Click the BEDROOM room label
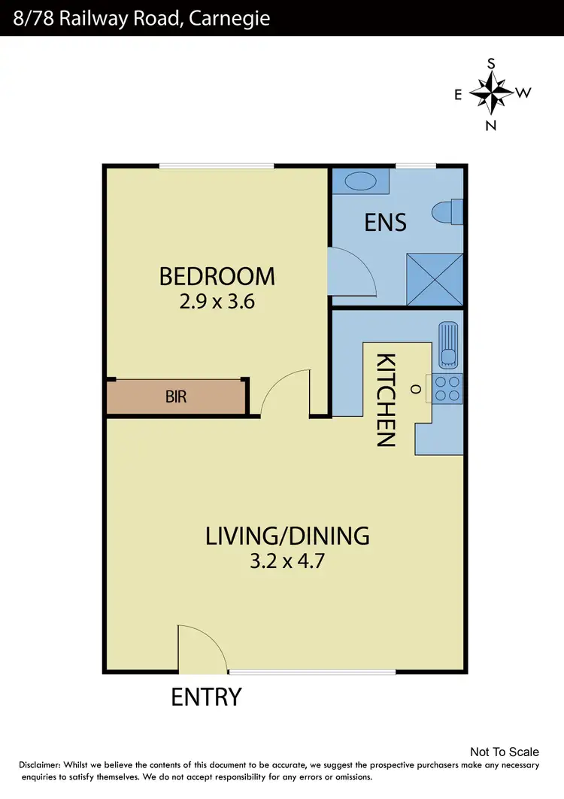point(217,276)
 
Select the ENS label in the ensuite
point(385,222)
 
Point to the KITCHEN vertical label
point(386,399)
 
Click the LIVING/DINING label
point(287,536)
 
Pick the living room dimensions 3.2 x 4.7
point(287,562)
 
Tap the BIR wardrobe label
point(175,396)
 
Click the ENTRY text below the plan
point(206,697)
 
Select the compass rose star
point(491,93)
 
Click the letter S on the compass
point(491,65)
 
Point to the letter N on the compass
point(491,126)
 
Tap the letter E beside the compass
point(457,94)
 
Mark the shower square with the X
point(434,278)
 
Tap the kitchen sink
point(449,348)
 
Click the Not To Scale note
point(504,752)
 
